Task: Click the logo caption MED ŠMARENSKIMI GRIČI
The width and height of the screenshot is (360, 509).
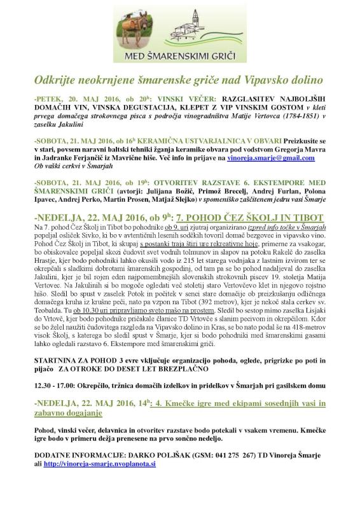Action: [x=180, y=57]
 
